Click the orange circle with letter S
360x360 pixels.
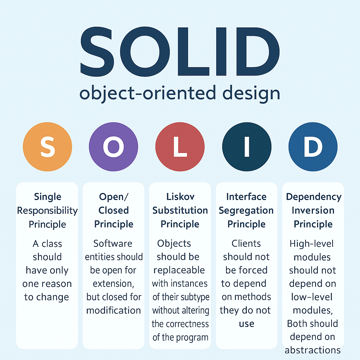[47, 147]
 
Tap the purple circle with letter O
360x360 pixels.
[114, 147]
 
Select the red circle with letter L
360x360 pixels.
[180, 147]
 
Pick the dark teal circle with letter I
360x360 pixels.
[246, 147]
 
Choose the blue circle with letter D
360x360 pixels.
[313, 147]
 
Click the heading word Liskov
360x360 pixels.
[180, 197]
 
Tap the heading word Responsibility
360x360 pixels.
[47, 211]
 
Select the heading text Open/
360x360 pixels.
[113, 197]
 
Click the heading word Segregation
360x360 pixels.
[246, 211]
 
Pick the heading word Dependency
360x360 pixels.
[314, 197]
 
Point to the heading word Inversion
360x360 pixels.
[313, 211]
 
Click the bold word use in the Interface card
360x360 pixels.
[246, 323]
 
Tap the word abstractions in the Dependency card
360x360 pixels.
[313, 350]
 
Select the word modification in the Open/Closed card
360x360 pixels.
[114, 310]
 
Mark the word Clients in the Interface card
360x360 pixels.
[246, 243]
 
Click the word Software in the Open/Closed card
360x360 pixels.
[113, 243]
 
